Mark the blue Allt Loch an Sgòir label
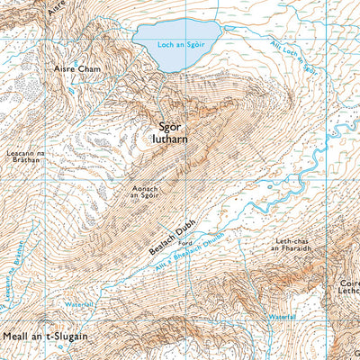pyautogui.click(x=292, y=56)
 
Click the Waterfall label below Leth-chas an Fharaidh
pyautogui.click(x=281, y=317)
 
